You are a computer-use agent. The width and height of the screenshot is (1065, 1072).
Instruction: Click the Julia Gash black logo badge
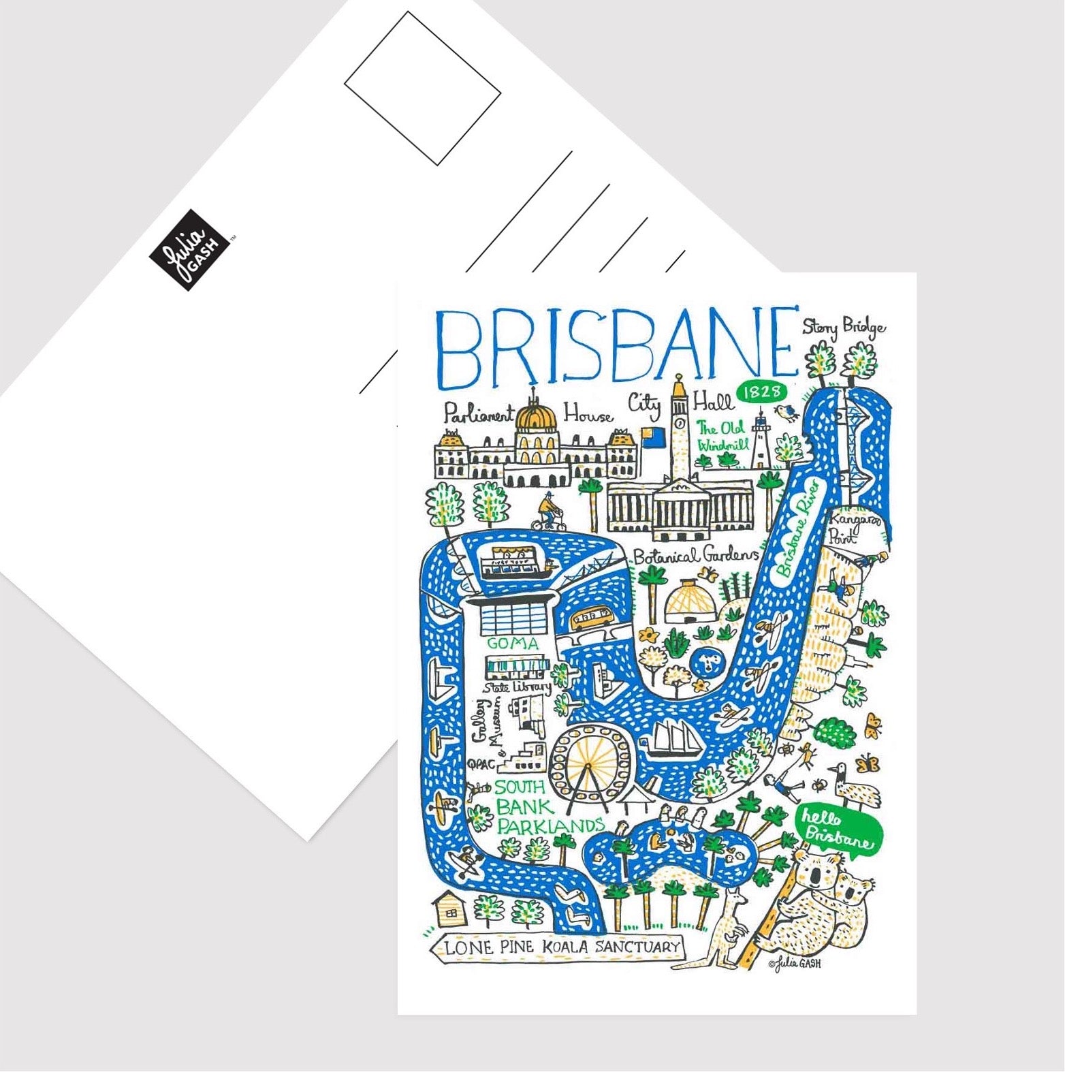189,250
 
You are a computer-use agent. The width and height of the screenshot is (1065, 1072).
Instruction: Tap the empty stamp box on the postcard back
422,88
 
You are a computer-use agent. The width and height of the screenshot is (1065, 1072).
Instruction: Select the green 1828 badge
761,392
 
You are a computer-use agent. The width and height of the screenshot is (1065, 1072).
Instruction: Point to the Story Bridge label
844,328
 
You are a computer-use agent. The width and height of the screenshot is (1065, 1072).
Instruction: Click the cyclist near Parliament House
548,514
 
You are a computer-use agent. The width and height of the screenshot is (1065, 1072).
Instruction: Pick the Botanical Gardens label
695,556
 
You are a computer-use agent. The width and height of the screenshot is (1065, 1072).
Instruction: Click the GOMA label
513,643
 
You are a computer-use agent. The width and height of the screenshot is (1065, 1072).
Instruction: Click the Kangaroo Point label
854,528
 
